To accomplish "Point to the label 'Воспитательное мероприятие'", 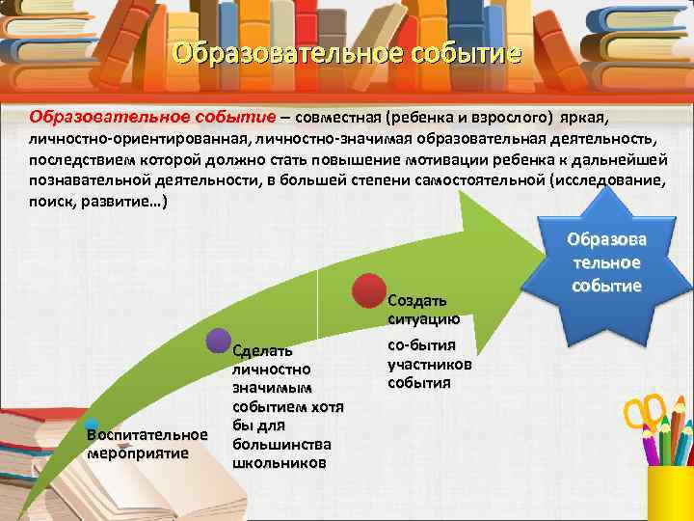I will point(147,444).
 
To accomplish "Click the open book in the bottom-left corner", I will point(58,473).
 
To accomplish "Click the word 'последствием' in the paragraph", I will point(84,159).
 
